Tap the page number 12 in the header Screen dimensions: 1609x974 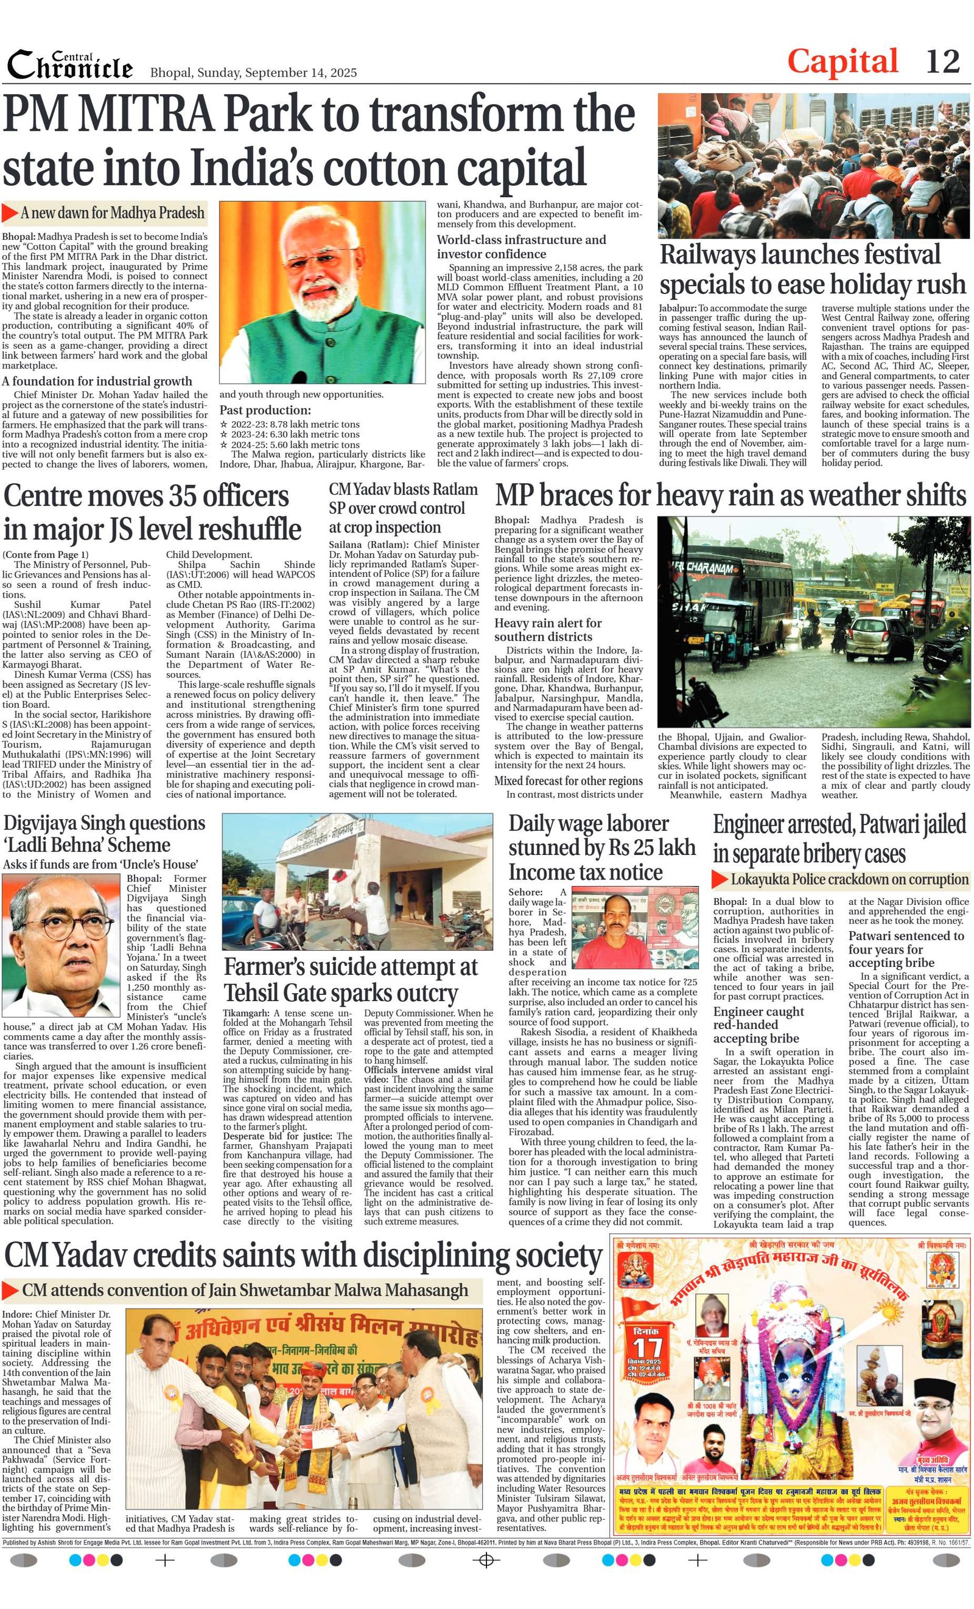coord(942,62)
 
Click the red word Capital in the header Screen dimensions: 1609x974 coord(842,62)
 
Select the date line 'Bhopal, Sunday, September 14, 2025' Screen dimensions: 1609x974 coord(253,72)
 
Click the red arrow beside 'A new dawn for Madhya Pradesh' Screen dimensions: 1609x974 coord(10,212)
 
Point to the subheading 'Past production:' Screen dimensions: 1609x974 coord(265,410)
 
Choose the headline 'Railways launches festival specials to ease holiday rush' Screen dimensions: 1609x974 coord(812,269)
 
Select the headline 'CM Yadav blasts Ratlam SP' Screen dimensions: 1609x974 coord(403,508)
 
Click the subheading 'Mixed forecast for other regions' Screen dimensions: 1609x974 coord(569,780)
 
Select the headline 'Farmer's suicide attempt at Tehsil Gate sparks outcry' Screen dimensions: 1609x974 coord(351,979)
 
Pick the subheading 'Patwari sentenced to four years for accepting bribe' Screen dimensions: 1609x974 coord(906,949)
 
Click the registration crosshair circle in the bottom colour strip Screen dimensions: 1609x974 coord(485,1579)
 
